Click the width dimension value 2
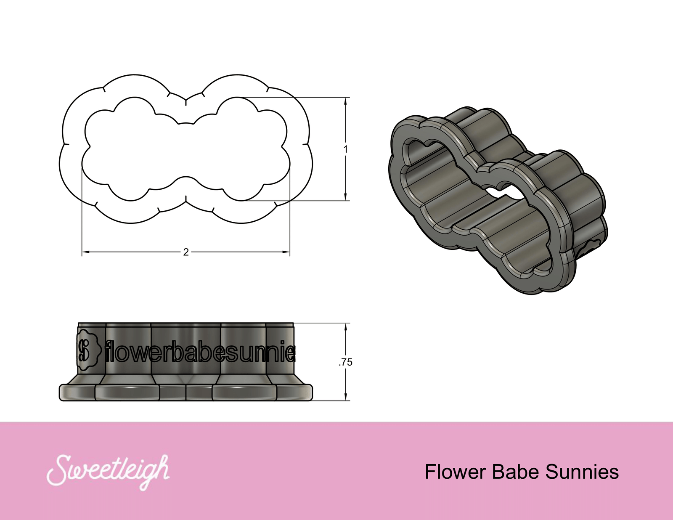point(186,252)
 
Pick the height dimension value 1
point(346,149)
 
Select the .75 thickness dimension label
point(346,362)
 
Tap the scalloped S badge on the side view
point(89,349)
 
